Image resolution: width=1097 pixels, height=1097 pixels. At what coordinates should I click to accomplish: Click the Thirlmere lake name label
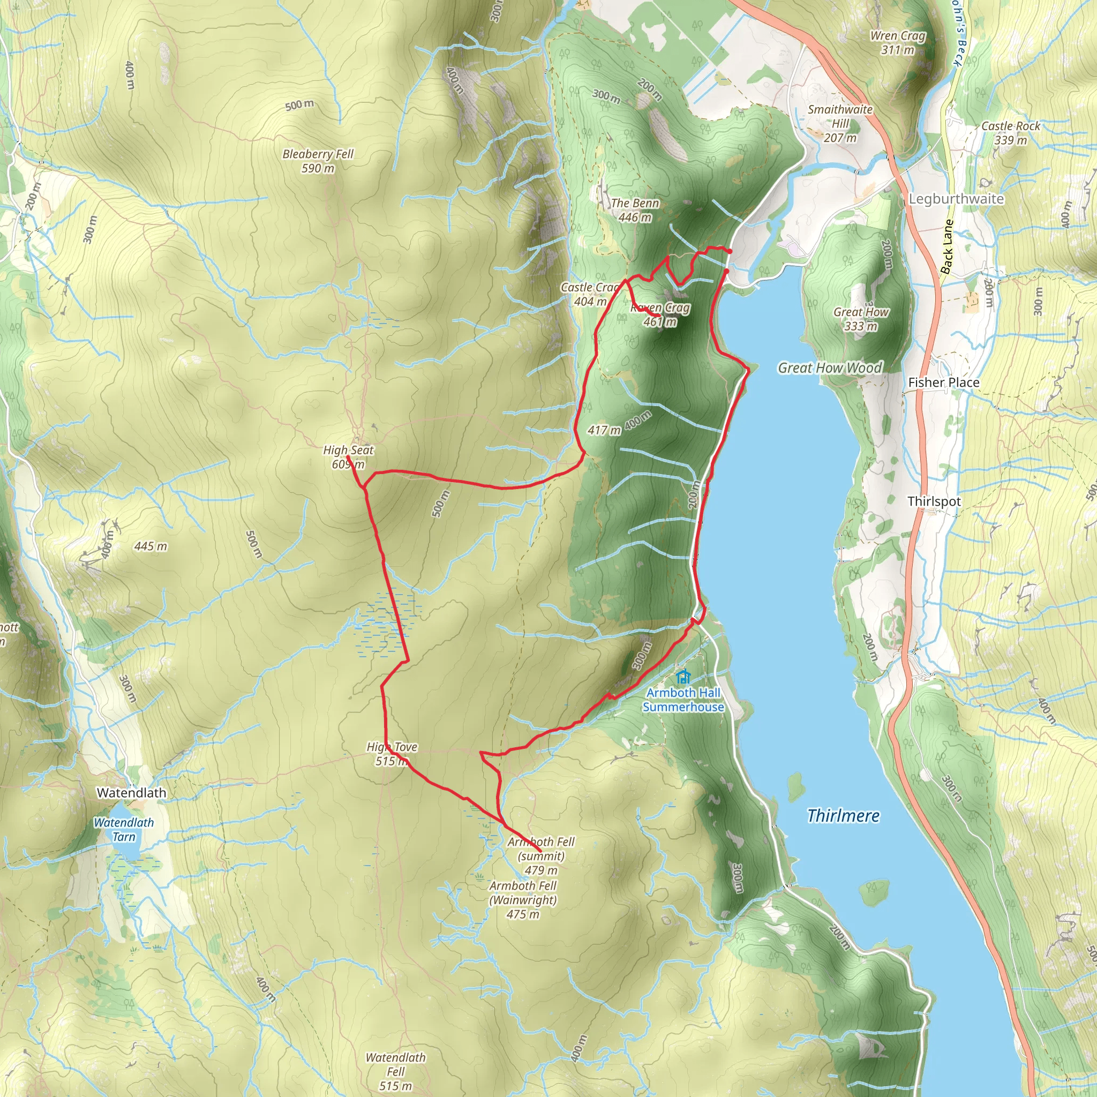843,816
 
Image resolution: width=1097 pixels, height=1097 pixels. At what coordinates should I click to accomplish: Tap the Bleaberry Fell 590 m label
318,161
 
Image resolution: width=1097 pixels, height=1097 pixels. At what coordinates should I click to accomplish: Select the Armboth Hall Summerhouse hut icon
683,677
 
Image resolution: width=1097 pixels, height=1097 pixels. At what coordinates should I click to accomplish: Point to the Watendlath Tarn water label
124,829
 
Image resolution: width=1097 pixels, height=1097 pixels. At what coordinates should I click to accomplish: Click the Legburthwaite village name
956,199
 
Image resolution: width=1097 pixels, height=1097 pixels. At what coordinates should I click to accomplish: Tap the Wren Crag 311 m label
898,43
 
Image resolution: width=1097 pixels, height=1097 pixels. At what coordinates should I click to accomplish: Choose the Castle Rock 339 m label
1011,133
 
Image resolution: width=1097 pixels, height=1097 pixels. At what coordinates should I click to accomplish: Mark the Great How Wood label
830,368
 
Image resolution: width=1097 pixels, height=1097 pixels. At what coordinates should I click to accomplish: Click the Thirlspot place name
934,501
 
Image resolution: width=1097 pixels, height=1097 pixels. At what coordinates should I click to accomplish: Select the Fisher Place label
944,382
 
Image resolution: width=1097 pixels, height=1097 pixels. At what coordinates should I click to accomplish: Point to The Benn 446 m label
635,210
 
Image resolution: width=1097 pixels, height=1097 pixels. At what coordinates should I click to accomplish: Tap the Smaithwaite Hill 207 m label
840,123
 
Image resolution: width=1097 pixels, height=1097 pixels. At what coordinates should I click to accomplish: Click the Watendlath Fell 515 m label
396,1071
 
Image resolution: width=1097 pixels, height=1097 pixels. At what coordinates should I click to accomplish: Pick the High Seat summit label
348,456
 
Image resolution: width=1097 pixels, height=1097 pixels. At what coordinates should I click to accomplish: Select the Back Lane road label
947,246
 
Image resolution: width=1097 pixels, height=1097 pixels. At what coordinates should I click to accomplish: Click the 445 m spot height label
151,546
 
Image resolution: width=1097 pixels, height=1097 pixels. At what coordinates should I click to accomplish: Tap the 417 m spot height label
604,431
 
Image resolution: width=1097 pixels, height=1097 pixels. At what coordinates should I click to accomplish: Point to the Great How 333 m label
861,319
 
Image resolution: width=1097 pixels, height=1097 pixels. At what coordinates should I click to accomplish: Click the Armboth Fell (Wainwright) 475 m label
523,899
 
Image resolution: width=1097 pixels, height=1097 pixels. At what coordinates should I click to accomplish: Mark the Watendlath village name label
132,793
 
